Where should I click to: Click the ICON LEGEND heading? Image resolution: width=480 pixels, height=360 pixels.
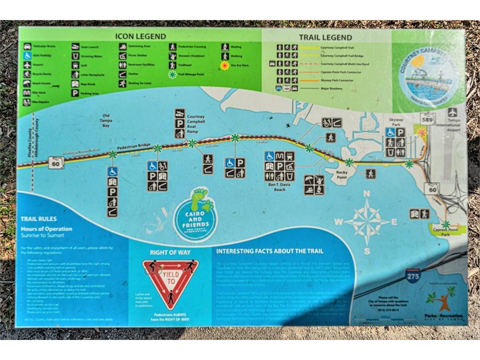tap(140, 36)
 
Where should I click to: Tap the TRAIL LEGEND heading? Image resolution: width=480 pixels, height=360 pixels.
tap(325, 37)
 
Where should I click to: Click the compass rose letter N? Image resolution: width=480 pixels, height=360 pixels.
tap(367, 193)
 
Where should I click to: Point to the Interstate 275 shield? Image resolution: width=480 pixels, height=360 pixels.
tap(412, 276)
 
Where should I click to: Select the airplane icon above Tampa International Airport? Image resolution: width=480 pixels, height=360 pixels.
tap(452, 112)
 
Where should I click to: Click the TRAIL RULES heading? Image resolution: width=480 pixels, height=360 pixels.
tap(38, 219)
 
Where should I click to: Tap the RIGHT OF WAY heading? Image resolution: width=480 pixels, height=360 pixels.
tap(170, 252)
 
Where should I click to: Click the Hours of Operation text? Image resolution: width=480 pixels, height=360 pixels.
tap(46, 229)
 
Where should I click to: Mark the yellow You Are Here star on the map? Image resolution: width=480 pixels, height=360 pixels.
tap(422, 132)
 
